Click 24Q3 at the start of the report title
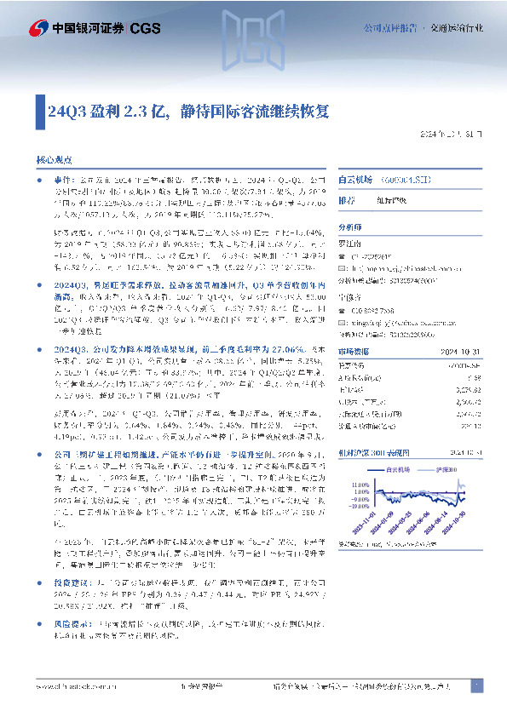point(65,111)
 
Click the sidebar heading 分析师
point(350,227)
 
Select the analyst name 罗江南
point(351,243)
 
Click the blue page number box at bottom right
point(477,685)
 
